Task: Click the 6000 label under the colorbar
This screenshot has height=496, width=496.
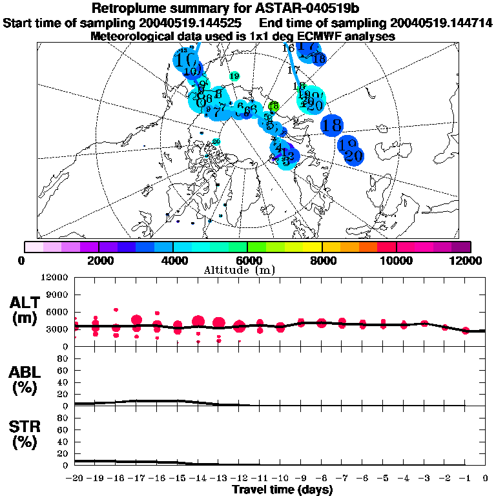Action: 247,260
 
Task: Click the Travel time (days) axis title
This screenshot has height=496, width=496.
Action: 282,490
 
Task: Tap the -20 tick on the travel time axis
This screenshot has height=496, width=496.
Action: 75,478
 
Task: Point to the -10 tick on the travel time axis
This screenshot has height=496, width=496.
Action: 280,478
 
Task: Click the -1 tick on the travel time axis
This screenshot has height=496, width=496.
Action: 464,478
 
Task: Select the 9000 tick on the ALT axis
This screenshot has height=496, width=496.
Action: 57,294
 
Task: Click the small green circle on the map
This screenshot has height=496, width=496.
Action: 273,105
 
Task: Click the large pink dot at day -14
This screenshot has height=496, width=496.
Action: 198,321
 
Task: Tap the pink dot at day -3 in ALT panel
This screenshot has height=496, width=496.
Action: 424,324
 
